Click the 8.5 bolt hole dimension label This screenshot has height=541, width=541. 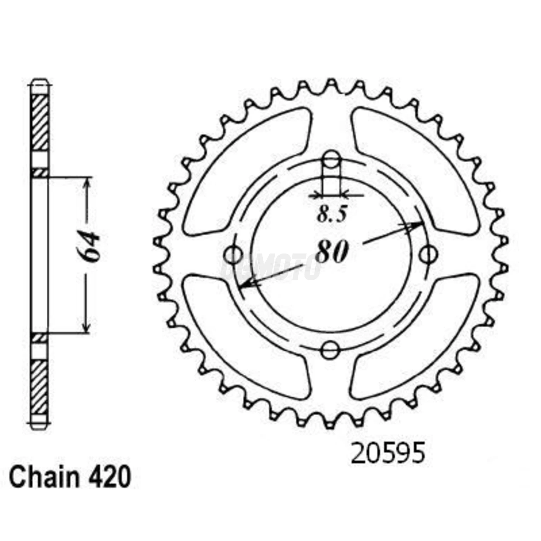coord(332,215)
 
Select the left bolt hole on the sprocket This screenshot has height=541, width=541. coord(233,254)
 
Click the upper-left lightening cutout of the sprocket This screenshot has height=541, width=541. coord(247,170)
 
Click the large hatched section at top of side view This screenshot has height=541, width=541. coord(39,122)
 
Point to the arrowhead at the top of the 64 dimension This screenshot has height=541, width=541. coord(88,183)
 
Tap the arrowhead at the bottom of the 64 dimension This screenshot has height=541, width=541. coord(87,327)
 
